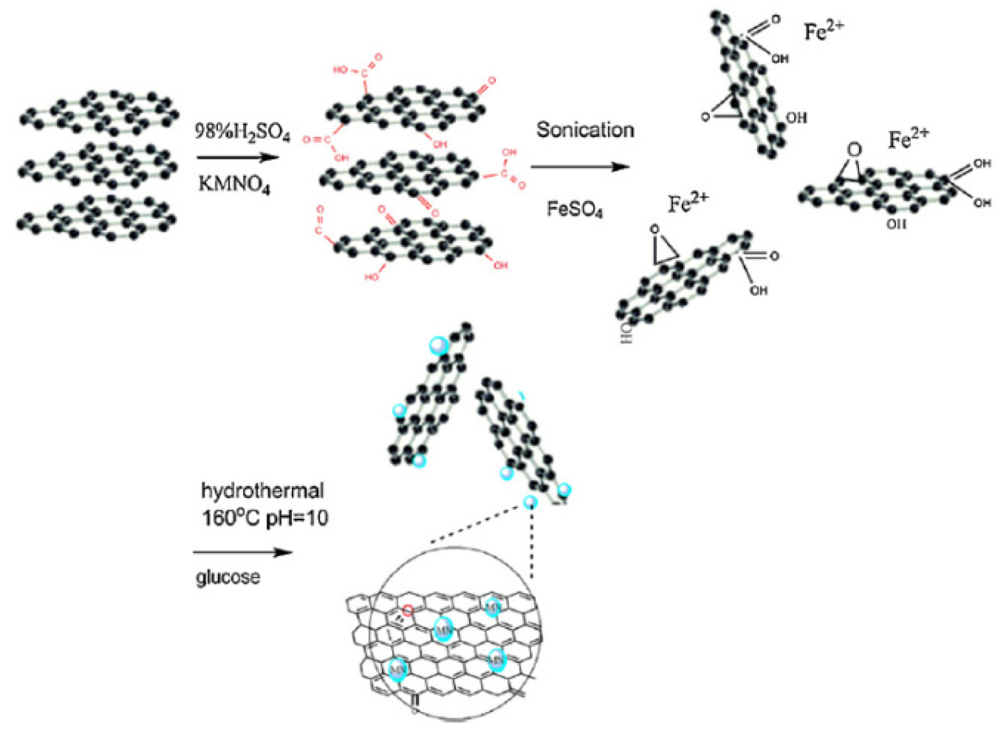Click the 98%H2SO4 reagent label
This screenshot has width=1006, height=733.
click(x=242, y=133)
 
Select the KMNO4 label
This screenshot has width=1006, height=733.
click(x=234, y=184)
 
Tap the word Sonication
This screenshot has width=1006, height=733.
click(x=585, y=130)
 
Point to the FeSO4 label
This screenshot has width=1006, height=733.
click(x=574, y=209)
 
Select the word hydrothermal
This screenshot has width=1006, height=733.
click(x=262, y=490)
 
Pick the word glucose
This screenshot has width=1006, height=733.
click(x=228, y=576)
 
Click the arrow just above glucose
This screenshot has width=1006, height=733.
click(x=242, y=552)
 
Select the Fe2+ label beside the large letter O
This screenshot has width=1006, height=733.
click(x=908, y=139)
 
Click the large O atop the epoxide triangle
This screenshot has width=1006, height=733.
click(x=854, y=150)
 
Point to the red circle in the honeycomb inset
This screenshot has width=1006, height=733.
click(x=407, y=611)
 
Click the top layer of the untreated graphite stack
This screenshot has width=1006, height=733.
click(x=99, y=113)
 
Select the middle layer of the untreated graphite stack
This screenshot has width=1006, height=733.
click(x=98, y=165)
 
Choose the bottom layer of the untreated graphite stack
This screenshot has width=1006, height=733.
click(x=97, y=218)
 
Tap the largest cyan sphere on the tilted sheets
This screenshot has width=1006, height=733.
click(x=438, y=345)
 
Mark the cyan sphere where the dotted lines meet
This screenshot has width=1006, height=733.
click(x=530, y=502)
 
